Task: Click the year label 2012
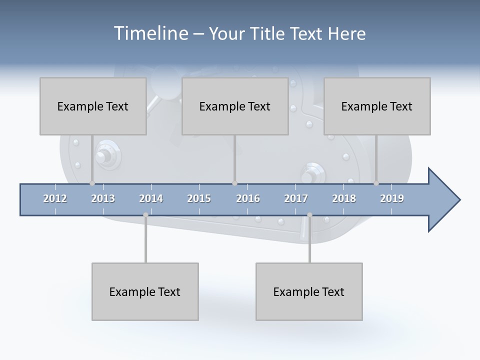click(55, 198)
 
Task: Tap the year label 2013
click(103, 198)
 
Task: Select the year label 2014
click(151, 198)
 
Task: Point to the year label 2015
click(199, 198)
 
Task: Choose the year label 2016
click(248, 198)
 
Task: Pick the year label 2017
click(296, 198)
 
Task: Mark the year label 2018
click(344, 198)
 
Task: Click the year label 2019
click(392, 198)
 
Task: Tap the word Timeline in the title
click(150, 33)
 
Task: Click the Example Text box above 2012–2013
click(93, 106)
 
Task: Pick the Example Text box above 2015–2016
click(235, 106)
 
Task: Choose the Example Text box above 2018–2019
click(377, 106)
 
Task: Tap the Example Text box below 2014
click(145, 291)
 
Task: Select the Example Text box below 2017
click(309, 291)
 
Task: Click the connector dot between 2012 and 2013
click(92, 183)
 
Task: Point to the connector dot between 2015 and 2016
click(234, 183)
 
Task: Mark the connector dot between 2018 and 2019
click(376, 183)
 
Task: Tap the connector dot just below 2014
click(145, 215)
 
